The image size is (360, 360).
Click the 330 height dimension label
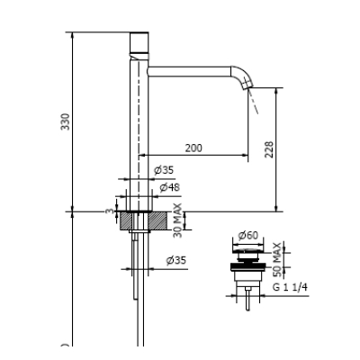66,121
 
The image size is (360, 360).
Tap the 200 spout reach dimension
193,148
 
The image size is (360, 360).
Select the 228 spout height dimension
269,149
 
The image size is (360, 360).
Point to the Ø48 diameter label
169,187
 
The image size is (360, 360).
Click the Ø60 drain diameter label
248,236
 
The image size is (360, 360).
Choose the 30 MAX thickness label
177,220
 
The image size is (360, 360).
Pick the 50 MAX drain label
277,260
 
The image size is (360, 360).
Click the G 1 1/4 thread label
290,287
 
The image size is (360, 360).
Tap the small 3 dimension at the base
111,211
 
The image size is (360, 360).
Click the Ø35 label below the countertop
176,260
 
